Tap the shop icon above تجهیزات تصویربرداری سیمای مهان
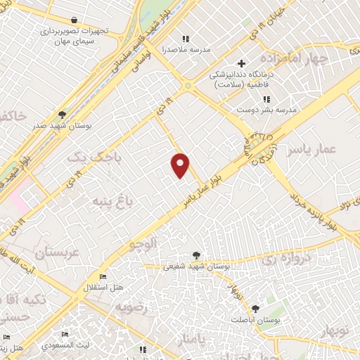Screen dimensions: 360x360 (x=75, y=20)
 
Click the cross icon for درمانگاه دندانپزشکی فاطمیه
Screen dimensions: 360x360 (x=241, y=64)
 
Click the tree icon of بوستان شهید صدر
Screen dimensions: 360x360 (x=63, y=115)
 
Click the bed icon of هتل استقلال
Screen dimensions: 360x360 (x=103, y=276)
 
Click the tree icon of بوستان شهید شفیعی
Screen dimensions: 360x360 (x=196, y=256)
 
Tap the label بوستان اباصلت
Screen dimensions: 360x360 (x=254, y=319)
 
